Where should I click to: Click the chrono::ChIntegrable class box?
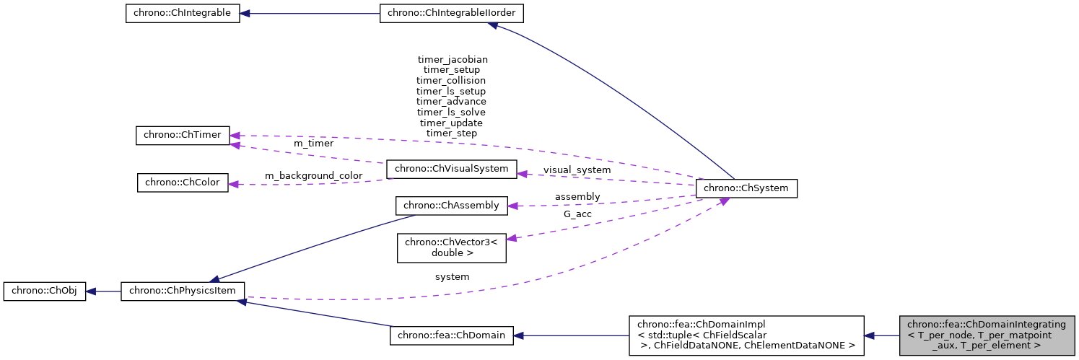182,14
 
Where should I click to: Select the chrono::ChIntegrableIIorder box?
452,14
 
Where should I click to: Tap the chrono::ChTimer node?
183,135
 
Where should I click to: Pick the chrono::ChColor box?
183,183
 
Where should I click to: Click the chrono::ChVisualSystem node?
452,170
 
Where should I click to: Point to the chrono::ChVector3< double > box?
452,247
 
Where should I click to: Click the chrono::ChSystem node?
746,188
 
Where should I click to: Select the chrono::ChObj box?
45,291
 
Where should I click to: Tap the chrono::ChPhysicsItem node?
183,291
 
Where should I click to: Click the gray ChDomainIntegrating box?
987,335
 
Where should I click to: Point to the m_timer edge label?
313,144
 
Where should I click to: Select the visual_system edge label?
577,170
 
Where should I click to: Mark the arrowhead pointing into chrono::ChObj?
91,291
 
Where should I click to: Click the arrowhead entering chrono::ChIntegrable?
245,14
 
